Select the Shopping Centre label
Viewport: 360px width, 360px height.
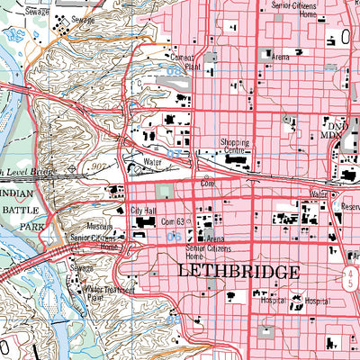tap(238, 147)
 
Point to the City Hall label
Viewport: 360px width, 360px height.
tap(143, 211)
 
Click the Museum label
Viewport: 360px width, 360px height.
tap(99, 227)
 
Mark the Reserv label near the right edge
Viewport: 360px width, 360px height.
tap(347, 206)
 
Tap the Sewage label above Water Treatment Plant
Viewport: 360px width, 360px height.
tap(83, 268)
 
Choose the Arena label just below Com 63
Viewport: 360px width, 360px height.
tap(214, 238)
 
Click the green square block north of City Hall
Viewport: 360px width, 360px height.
tap(163, 191)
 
